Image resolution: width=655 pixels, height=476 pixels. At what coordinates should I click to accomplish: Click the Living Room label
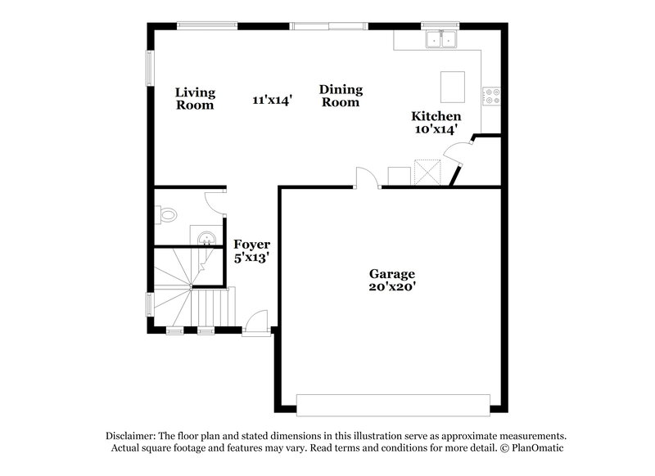[x=195, y=98]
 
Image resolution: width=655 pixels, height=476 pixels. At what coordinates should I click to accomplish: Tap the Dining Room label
[x=341, y=96]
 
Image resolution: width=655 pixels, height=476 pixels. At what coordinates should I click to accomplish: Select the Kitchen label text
[x=436, y=117]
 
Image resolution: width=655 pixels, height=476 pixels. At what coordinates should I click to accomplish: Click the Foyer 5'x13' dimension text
[x=251, y=257]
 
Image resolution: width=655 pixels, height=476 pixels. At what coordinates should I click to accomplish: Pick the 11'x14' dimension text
[x=273, y=100]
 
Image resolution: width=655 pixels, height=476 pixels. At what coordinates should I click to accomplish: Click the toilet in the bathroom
[x=166, y=216]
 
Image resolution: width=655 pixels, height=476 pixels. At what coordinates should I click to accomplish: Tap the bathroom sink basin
[x=208, y=239]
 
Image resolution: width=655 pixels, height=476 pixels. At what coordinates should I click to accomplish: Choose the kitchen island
[x=452, y=85]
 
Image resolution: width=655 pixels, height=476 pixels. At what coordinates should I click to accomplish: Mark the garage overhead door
[x=392, y=405]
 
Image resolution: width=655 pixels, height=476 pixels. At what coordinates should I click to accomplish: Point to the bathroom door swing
[x=215, y=199]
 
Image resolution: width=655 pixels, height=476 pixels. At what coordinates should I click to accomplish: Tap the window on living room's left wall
[x=149, y=68]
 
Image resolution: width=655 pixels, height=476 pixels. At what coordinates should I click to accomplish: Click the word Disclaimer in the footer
[x=133, y=436]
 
